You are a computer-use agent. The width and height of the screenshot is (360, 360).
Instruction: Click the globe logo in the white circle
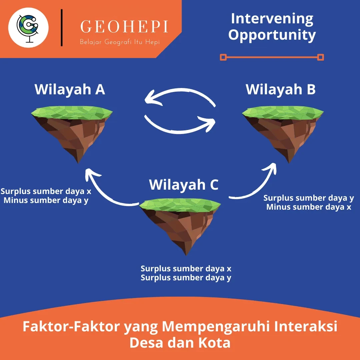[28, 27]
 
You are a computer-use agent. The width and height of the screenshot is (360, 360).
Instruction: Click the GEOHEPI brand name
[124, 27]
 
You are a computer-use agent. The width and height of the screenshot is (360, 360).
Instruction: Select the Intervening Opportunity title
[272, 27]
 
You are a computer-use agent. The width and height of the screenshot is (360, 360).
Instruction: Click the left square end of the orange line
[223, 57]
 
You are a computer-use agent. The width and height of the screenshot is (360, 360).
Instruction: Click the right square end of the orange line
[321, 57]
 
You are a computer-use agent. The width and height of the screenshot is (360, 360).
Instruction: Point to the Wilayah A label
[70, 89]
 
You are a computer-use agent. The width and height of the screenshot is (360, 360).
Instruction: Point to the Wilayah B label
[281, 89]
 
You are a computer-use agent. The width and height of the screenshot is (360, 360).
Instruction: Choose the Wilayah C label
[184, 185]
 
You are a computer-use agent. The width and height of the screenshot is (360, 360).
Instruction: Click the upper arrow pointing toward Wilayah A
[180, 95]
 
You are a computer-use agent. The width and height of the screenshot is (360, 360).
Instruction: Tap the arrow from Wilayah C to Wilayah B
[257, 187]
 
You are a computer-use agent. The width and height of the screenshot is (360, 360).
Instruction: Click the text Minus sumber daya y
[46, 200]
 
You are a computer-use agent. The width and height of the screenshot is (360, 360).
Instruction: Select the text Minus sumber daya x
[309, 207]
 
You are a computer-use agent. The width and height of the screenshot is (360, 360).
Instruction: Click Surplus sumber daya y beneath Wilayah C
[186, 278]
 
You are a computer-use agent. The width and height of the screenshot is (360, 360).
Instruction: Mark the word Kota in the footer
[213, 343]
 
